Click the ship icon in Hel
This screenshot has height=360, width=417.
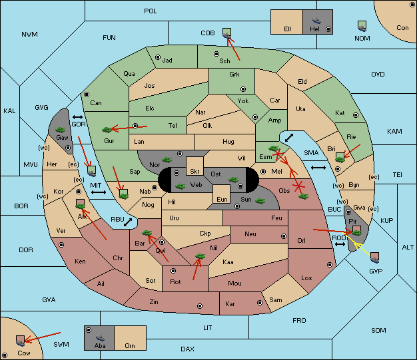(x=316, y=21)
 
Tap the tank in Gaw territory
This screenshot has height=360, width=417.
(x=61, y=130)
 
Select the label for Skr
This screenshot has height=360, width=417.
(x=195, y=172)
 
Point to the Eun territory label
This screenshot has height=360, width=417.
(x=222, y=199)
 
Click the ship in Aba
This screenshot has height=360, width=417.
(x=100, y=338)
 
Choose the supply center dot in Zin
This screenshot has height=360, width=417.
(x=200, y=306)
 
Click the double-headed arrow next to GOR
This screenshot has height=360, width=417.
(x=77, y=117)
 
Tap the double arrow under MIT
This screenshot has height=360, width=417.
(x=99, y=192)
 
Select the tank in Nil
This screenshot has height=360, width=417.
(x=200, y=256)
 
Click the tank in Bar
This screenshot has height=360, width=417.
(x=147, y=233)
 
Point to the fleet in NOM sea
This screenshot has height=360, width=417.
(x=362, y=26)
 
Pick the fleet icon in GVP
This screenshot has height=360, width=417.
(x=375, y=258)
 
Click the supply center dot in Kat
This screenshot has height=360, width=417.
(x=356, y=115)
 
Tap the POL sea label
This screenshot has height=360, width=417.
(x=151, y=11)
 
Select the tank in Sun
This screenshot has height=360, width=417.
(x=260, y=201)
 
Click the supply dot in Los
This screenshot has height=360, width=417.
(x=330, y=265)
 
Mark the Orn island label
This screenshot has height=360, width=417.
(x=130, y=345)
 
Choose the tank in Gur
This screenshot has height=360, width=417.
(x=107, y=130)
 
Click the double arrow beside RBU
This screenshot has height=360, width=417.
(x=128, y=222)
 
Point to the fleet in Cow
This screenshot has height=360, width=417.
(x=20, y=341)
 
